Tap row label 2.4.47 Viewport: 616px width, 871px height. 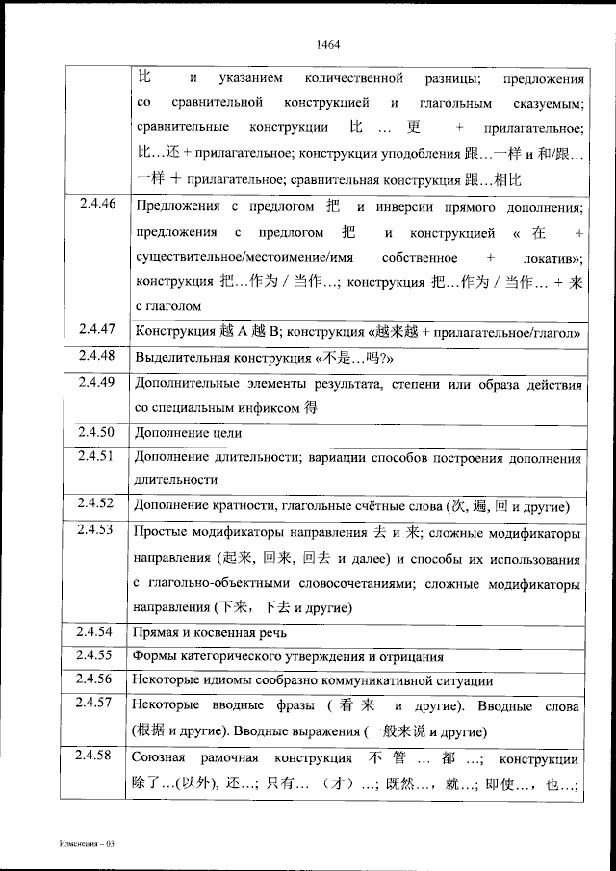pyautogui.click(x=97, y=330)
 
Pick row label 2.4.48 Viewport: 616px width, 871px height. pyautogui.click(x=97, y=356)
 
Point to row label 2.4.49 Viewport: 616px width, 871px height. pyautogui.click(x=97, y=382)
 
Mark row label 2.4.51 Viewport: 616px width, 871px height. pyautogui.click(x=97, y=456)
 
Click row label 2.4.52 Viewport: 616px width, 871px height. pyautogui.click(x=97, y=503)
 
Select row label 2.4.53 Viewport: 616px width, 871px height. pyautogui.click(x=97, y=529)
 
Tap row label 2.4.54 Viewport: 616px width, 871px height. pyautogui.click(x=97, y=631)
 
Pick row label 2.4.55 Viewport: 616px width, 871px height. pyautogui.click(x=97, y=655)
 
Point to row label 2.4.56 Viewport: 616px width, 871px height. pyautogui.click(x=97, y=679)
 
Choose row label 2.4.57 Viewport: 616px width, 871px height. pyautogui.click(x=97, y=704)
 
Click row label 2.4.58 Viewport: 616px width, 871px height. pyautogui.click(x=97, y=753)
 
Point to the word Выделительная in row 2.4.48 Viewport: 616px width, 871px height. pyautogui.click(x=183, y=357)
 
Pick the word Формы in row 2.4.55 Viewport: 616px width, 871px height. pyautogui.click(x=156, y=657)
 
